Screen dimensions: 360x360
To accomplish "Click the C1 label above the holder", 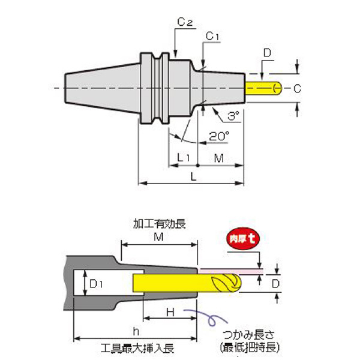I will [212, 37].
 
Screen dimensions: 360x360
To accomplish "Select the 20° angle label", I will [219, 136].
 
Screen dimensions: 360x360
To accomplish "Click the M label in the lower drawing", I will [160, 236].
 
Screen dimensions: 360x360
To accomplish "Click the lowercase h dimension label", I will [135, 329].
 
